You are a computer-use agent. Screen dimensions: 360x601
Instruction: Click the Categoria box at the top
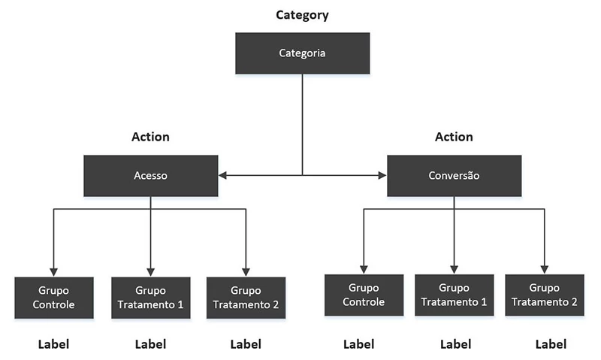[302, 53]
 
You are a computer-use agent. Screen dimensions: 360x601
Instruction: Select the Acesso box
[151, 176]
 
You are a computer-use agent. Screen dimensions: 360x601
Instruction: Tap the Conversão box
[454, 176]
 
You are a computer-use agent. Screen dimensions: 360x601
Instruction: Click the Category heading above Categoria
[302, 15]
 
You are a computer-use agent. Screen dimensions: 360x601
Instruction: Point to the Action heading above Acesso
[150, 137]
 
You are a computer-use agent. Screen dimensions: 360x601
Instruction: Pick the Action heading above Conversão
[454, 137]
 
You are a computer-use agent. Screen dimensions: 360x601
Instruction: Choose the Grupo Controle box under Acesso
[54, 298]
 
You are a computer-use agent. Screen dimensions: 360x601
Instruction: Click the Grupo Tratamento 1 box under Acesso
[150, 298]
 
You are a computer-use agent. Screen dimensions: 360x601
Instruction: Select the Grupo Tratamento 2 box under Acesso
[246, 298]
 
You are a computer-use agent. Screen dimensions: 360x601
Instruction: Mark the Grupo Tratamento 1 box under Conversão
[454, 295]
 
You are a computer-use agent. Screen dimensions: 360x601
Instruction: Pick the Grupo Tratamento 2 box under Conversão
[543, 295]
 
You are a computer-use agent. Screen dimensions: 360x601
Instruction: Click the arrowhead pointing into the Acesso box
[223, 176]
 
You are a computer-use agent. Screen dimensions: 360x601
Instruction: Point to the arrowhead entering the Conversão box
[382, 176]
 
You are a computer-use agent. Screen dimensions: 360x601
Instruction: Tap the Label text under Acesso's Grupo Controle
[54, 345]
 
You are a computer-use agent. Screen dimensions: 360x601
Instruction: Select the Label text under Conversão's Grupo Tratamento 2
[551, 345]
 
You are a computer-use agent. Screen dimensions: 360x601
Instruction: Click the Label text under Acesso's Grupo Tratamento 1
[150, 345]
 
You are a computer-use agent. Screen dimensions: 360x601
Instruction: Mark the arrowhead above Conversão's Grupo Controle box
[364, 269]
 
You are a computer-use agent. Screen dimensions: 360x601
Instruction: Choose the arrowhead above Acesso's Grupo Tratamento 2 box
[246, 272]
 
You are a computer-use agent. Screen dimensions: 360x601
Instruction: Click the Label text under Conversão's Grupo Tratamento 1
[455, 345]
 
